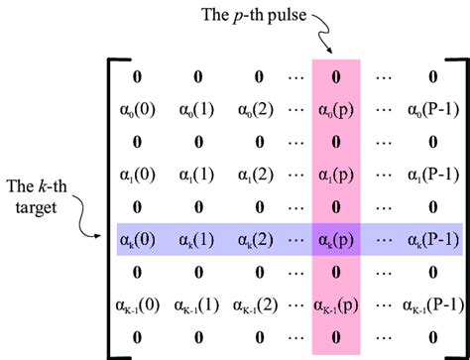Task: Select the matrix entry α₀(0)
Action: (140, 109)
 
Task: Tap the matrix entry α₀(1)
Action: (198, 109)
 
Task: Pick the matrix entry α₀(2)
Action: (257, 109)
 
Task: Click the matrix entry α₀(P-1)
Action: (431, 109)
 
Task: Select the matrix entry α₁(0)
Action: (140, 175)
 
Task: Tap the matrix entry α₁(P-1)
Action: (431, 175)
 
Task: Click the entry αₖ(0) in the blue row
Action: (140, 240)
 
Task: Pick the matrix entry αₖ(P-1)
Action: (431, 240)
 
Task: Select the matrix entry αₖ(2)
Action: (257, 240)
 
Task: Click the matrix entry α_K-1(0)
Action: (140, 305)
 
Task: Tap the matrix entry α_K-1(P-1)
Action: (431, 305)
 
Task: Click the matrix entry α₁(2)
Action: (257, 175)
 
